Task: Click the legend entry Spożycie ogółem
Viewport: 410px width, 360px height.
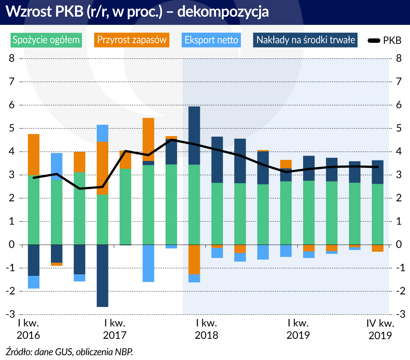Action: coord(46,40)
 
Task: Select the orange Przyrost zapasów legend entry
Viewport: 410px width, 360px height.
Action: coord(132,40)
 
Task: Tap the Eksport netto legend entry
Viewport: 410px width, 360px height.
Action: coord(211,40)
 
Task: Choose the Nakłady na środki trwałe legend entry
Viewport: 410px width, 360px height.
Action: coord(306,40)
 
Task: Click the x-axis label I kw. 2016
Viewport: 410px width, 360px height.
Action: coord(29,329)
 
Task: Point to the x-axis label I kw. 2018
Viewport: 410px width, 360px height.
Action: coord(207,329)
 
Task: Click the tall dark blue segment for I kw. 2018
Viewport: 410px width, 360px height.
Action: coord(194,135)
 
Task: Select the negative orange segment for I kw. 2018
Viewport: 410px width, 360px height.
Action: coord(194,259)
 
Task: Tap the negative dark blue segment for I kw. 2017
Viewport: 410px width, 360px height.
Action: coord(102,275)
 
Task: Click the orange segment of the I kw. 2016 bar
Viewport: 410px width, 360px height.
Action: coord(34,155)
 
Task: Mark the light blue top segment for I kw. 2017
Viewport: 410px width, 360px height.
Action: coord(102,133)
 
